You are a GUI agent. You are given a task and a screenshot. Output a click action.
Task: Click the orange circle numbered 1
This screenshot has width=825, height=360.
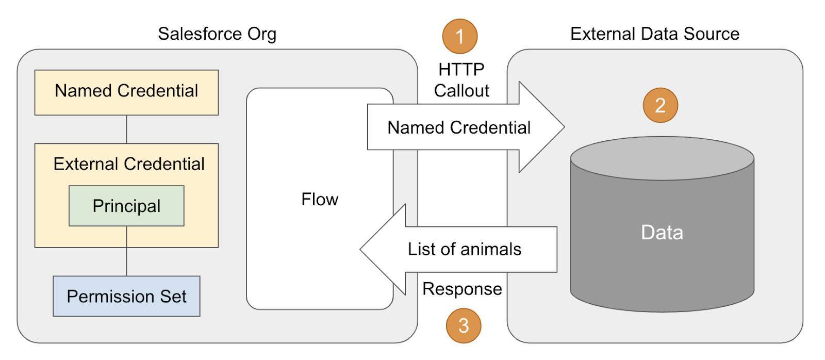point(459,36)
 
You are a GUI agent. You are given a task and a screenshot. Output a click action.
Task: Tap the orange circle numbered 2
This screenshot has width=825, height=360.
point(660,105)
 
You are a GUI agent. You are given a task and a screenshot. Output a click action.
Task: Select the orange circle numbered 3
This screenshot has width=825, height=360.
point(463,325)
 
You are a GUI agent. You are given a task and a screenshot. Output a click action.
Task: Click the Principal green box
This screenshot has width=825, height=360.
point(126,206)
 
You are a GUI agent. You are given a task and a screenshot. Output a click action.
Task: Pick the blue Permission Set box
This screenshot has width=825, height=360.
point(126,296)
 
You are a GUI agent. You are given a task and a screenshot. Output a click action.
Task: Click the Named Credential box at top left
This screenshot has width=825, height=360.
point(126,91)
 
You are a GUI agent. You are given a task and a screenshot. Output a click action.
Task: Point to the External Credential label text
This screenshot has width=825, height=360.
point(129,164)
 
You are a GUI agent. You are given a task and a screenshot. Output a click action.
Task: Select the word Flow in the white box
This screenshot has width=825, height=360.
point(320,199)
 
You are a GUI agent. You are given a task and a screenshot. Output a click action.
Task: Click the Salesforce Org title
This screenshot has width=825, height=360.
point(217,34)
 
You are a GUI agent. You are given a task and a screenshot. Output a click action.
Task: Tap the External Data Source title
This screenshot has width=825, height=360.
point(654,34)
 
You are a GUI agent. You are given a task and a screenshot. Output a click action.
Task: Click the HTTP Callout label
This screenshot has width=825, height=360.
point(461,80)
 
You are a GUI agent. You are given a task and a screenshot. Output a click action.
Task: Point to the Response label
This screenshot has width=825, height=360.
point(462,289)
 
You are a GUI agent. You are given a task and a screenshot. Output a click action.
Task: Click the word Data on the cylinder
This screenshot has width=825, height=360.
point(662,233)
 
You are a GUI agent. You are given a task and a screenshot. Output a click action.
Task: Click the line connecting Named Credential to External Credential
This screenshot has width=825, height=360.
point(126,129)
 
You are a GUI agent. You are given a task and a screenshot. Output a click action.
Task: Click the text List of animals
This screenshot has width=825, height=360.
point(464,250)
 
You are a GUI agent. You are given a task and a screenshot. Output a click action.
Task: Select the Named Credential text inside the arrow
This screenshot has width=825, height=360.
point(458,128)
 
